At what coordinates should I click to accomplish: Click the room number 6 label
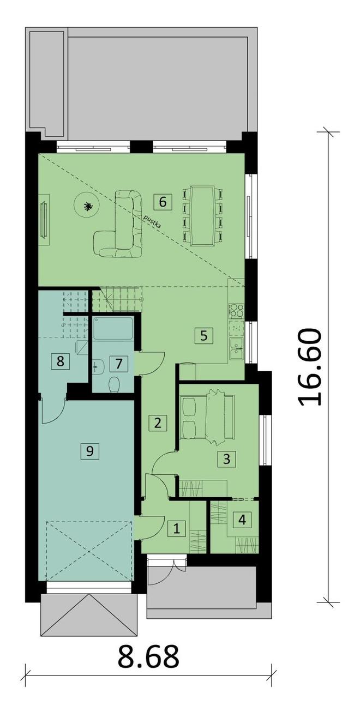coord(163,202)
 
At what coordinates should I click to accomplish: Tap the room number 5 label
coord(204,335)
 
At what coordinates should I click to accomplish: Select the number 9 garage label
coord(90,450)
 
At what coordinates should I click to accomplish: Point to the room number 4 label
coord(242,520)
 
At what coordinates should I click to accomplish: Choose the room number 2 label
coord(158,423)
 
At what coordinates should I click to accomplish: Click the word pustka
coord(153,222)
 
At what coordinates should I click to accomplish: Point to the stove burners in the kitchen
coord(237,311)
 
